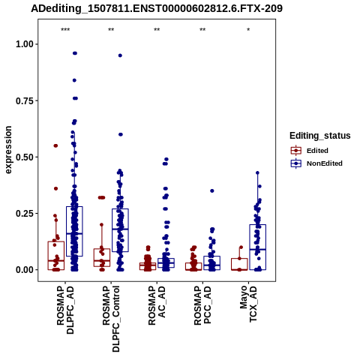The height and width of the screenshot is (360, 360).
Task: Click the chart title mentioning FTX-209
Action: (x=157, y=8)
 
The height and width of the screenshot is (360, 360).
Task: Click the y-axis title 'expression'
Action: (x=8, y=150)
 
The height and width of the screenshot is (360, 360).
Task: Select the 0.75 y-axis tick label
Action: (x=25, y=100)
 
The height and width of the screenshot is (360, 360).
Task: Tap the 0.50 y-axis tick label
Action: (x=25, y=157)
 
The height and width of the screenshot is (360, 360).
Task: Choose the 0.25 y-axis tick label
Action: (x=25, y=214)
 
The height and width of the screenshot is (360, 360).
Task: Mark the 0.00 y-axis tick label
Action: (x=25, y=270)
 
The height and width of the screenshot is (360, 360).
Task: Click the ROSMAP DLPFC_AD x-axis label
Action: (x=65, y=310)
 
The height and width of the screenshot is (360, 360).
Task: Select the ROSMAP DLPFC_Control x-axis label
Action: (x=111, y=319)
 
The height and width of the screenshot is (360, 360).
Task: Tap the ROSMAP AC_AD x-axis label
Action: (x=157, y=305)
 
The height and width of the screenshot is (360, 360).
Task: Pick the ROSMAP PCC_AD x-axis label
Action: (x=202, y=305)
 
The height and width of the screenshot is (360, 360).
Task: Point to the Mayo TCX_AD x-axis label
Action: (x=248, y=304)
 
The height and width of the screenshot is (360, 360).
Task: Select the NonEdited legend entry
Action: (x=316, y=163)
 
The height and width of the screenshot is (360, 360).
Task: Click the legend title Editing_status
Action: (x=320, y=136)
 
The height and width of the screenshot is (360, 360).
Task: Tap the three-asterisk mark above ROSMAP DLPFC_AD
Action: (x=65, y=30)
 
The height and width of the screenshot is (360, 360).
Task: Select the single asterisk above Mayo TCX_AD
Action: (x=248, y=30)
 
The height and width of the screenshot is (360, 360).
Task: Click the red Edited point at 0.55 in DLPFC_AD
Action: (x=55, y=145)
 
